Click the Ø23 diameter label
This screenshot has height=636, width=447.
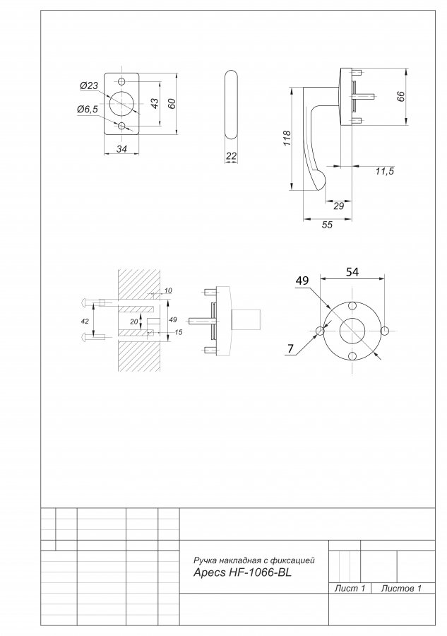click(x=89, y=86)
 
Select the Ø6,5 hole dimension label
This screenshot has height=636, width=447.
click(x=88, y=109)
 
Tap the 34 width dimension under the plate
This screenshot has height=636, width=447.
click(x=121, y=149)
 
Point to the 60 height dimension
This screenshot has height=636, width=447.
click(x=172, y=103)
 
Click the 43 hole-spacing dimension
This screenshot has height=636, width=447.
click(x=155, y=103)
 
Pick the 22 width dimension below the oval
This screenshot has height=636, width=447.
click(x=231, y=156)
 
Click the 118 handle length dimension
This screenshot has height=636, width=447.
click(x=287, y=139)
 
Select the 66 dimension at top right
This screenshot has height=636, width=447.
click(x=400, y=97)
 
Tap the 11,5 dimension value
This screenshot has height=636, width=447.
click(x=384, y=171)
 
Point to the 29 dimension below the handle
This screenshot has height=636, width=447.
click(x=338, y=206)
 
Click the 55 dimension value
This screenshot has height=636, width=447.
click(x=327, y=225)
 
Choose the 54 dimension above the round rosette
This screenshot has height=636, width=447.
click(x=352, y=272)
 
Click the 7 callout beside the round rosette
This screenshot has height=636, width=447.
click(x=290, y=348)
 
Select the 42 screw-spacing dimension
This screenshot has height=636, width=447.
click(x=85, y=322)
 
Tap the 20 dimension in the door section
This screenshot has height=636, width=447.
click(x=134, y=322)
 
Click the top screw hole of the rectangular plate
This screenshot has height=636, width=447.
click(x=122, y=81)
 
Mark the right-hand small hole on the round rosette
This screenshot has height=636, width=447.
click(x=385, y=331)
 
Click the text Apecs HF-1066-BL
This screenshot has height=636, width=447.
click(x=242, y=572)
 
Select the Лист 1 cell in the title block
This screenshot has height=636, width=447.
click(x=350, y=588)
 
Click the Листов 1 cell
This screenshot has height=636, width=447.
click(x=401, y=588)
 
